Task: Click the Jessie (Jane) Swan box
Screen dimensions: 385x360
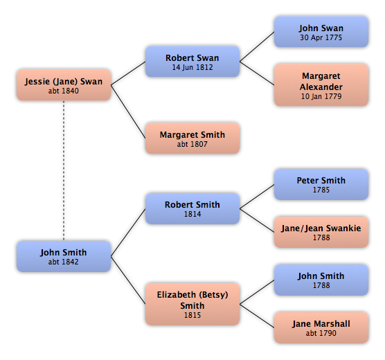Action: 64,85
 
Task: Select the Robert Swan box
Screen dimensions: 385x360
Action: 192,62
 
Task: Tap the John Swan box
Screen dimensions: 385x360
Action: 321,32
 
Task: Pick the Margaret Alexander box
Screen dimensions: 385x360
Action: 321,85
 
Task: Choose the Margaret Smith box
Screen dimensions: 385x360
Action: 192,138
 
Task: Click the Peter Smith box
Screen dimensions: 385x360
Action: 321,184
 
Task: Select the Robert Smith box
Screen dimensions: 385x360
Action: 192,208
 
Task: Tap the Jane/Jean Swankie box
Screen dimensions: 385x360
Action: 321,232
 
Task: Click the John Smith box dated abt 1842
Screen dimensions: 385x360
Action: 64,256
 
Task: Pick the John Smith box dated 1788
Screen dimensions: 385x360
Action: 321,280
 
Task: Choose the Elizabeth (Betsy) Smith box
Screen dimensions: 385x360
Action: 192,304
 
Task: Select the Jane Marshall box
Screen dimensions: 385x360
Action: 321,327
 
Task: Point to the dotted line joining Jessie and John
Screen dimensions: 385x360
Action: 64,171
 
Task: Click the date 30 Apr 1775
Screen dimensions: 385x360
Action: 321,37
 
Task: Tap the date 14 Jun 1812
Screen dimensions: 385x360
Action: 192,67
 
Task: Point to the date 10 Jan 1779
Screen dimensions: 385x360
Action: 321,96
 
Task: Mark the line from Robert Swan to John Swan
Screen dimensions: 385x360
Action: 257,46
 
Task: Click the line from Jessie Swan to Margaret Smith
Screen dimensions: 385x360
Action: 128,111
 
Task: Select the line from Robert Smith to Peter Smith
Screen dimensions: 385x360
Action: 257,197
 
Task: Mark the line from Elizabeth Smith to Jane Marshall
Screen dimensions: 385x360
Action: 257,316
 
